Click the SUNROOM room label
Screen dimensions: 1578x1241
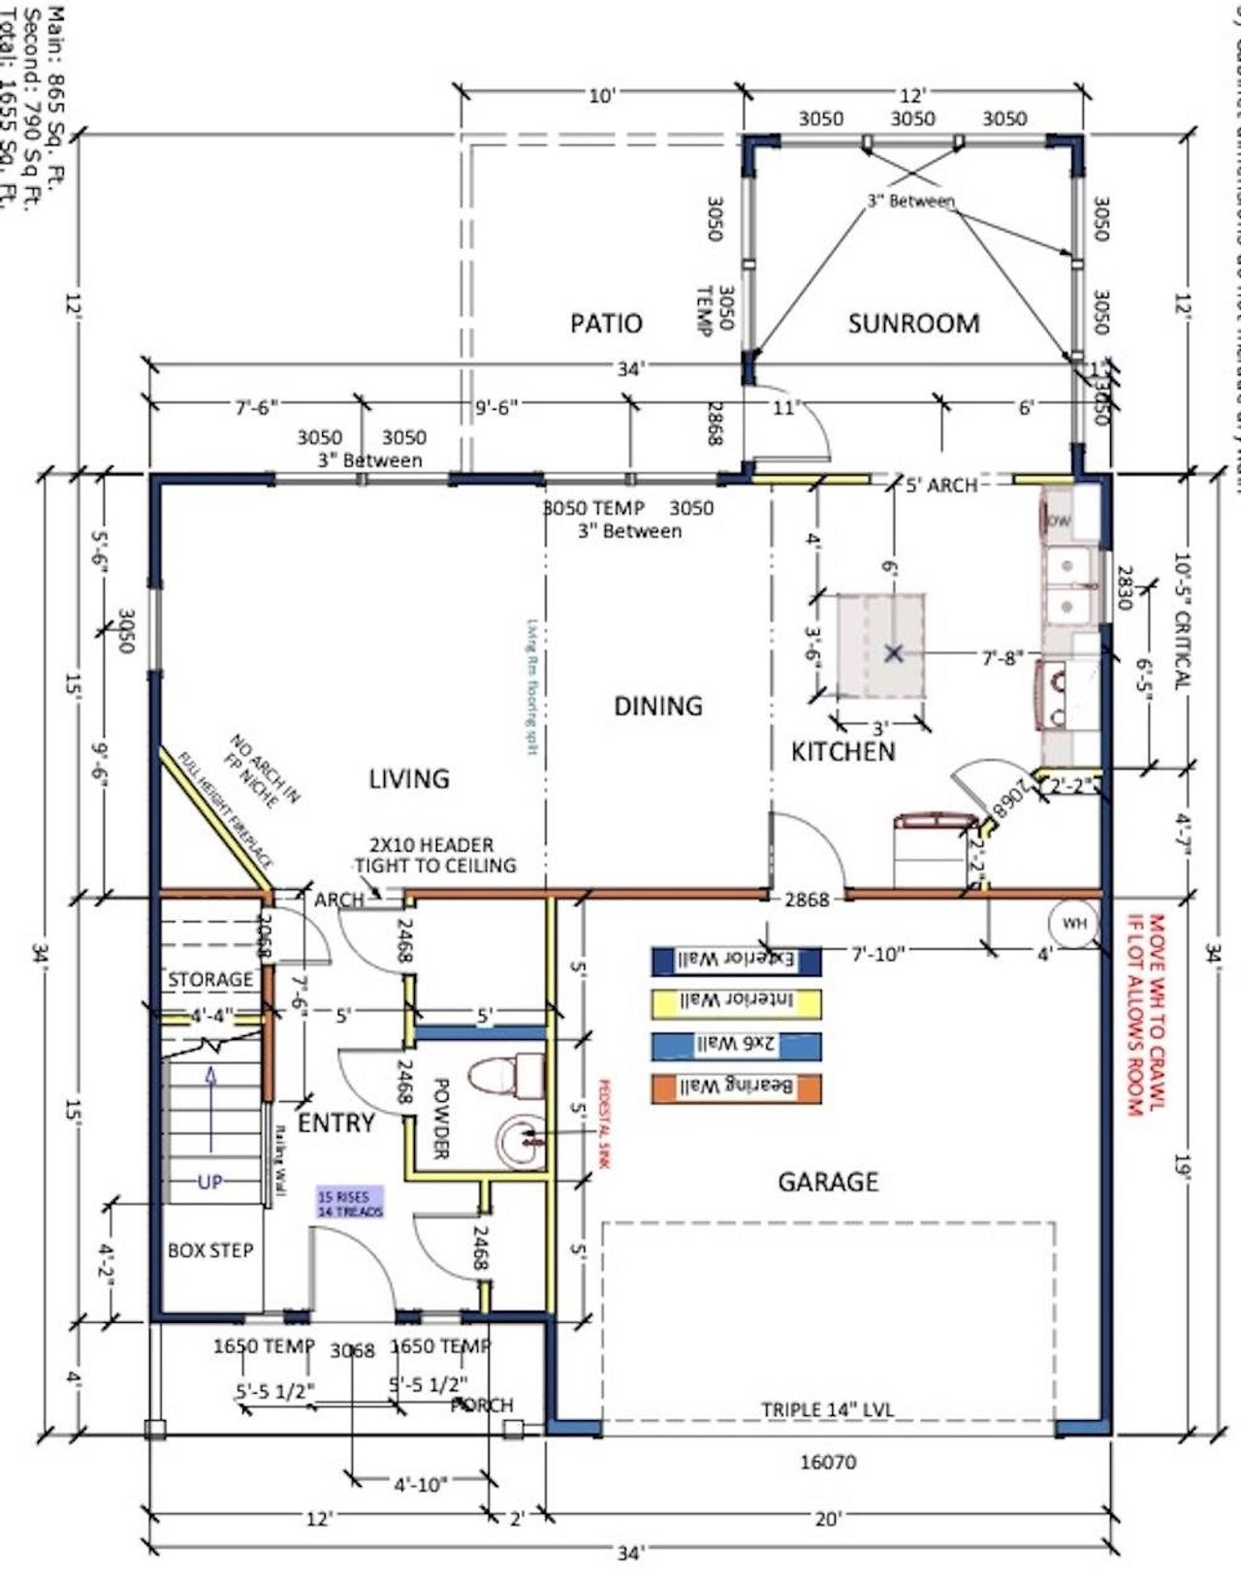913,323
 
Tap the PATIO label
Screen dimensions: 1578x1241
606,323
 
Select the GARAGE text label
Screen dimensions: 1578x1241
828,1181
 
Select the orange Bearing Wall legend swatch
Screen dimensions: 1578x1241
737,1088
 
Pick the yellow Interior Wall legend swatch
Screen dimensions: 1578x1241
737,1002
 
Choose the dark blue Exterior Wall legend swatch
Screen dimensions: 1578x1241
737,960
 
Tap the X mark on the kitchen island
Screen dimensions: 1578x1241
894,653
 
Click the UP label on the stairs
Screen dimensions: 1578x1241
210,1182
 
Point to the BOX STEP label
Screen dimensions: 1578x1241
210,1250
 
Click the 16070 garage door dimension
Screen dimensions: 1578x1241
827,1462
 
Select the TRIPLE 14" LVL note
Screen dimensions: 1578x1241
827,1409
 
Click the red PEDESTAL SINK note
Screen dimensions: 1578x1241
602,1124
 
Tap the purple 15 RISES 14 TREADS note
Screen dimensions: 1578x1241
350,1203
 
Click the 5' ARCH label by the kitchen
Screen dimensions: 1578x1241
940,484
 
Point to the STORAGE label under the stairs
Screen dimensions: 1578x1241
210,979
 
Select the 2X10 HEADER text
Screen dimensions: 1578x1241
430,845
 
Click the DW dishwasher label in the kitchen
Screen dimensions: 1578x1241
1060,521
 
